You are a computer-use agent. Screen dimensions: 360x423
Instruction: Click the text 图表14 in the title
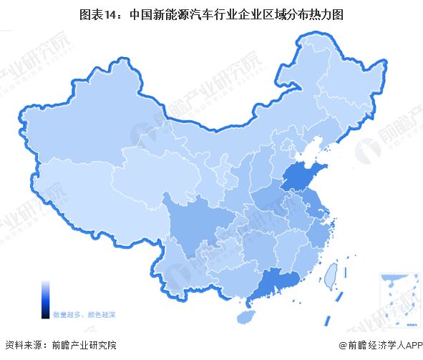99,13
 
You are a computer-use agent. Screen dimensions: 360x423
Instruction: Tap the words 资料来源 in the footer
23,345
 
